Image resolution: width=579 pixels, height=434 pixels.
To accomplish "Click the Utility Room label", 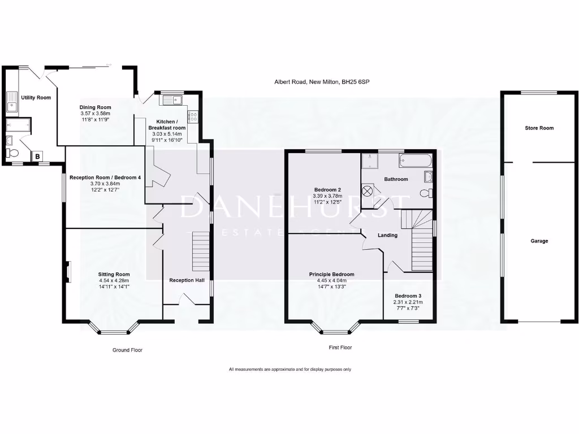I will click(36, 98).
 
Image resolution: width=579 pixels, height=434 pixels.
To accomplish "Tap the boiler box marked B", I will click(37, 156).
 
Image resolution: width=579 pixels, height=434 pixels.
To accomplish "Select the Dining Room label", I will click(95, 107).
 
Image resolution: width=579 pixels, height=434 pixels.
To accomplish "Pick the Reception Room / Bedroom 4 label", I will click(105, 177).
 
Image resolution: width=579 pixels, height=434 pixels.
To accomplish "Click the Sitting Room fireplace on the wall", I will click(68, 272).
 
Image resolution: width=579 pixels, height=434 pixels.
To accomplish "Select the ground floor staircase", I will click(201, 252).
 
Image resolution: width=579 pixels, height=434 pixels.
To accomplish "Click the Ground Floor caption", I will click(127, 350).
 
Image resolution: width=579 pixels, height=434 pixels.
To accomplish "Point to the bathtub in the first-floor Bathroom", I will click(416, 161).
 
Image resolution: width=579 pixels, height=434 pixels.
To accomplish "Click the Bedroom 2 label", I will click(327, 189).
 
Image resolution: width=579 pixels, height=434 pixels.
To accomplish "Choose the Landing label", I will click(388, 235).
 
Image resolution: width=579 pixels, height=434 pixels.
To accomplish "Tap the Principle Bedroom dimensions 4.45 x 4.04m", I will click(331, 280).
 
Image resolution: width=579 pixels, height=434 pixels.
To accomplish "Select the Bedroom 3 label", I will click(408, 296).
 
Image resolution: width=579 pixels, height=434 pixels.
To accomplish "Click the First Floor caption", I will click(340, 348).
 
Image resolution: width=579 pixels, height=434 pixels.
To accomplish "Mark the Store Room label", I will click(539, 128).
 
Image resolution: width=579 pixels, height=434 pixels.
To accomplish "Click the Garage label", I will click(539, 241).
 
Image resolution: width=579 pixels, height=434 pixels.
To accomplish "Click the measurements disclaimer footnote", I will click(290, 370).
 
